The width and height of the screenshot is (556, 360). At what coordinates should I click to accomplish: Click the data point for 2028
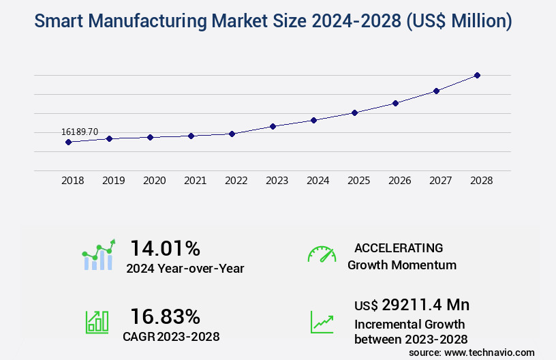(x=477, y=75)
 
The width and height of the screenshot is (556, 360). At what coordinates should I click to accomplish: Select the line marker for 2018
(x=68, y=142)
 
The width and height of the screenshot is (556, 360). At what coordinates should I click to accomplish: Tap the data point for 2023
(x=273, y=126)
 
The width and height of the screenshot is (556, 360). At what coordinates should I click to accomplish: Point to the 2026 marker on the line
(x=395, y=103)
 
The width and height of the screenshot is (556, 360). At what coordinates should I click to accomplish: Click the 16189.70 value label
(x=80, y=131)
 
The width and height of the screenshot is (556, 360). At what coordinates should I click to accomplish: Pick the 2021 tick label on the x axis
(x=195, y=181)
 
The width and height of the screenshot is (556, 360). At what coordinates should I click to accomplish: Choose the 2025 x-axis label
(x=358, y=181)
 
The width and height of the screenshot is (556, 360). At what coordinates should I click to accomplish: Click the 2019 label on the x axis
(x=113, y=181)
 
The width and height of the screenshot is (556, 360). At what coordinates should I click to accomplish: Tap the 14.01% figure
(x=166, y=247)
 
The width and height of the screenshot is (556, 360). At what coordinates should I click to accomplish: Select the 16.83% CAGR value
(x=166, y=316)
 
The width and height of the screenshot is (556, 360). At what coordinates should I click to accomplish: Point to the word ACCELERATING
(x=399, y=248)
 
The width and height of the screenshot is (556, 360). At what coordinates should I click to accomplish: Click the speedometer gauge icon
(x=322, y=254)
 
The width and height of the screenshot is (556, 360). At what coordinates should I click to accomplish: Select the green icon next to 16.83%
(x=97, y=322)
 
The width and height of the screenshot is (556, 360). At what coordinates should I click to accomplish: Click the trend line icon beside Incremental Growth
(x=322, y=322)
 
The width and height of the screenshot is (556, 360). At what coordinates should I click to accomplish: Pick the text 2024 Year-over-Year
(x=185, y=269)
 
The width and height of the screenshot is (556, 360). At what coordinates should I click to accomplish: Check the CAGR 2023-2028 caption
(x=172, y=336)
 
